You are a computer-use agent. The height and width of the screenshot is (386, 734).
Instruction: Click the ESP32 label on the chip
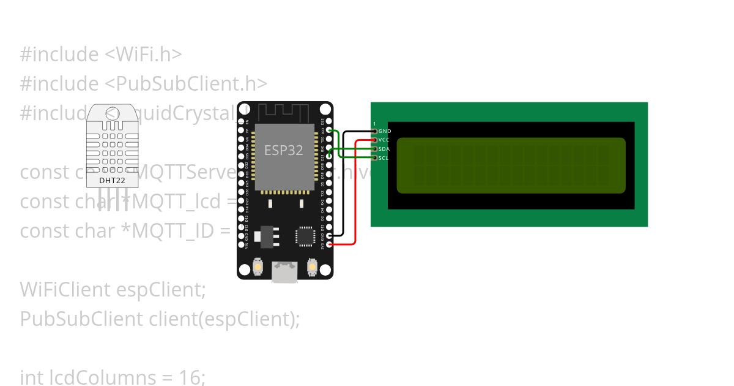pyautogui.click(x=283, y=150)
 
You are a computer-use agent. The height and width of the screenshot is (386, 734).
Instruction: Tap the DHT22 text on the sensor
pyautogui.click(x=111, y=181)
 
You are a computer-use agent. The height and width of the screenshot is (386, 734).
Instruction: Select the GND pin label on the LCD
pyautogui.click(x=385, y=131)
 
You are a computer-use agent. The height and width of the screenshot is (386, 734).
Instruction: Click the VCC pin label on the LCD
pyautogui.click(x=384, y=140)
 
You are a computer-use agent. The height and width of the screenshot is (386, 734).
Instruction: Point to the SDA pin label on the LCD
pyautogui.click(x=384, y=149)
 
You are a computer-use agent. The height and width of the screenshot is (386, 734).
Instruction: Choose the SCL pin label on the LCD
pyautogui.click(x=384, y=158)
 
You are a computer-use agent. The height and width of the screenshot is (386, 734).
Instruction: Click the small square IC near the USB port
pyautogui.click(x=305, y=237)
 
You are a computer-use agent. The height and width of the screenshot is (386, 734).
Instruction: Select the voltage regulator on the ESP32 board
pyautogui.click(x=268, y=237)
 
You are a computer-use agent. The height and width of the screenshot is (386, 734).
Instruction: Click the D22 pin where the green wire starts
pyautogui.click(x=330, y=131)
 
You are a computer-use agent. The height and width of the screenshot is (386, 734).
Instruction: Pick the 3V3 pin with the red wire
pyautogui.click(x=330, y=244)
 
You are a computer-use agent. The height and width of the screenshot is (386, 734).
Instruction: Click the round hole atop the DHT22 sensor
pyautogui.click(x=112, y=114)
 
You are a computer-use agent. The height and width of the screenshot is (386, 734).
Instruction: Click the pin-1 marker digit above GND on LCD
pyautogui.click(x=374, y=124)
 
